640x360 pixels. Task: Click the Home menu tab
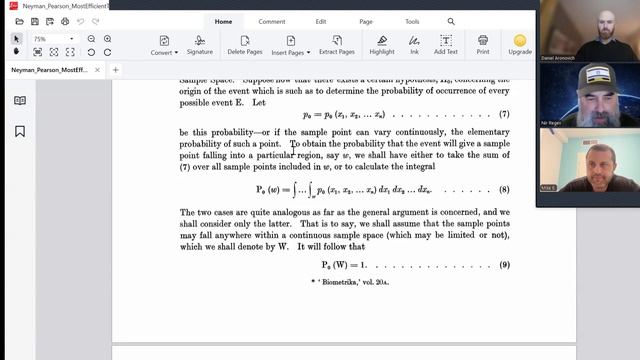tap(223, 21)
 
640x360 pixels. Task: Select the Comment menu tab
tap(271, 21)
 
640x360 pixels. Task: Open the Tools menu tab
tap(412, 21)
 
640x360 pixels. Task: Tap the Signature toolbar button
tap(199, 44)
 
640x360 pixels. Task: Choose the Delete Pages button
tap(244, 44)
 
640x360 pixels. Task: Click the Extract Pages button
tap(337, 44)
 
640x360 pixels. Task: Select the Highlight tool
tap(382, 44)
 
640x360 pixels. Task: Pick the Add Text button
tap(445, 44)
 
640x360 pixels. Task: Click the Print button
tap(483, 44)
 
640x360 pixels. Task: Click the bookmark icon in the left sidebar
tap(20, 131)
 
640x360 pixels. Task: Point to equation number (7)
tap(504, 114)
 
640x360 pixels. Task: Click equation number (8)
tap(504, 188)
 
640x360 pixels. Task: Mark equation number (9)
tap(504, 265)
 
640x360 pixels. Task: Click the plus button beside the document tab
tap(115, 70)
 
